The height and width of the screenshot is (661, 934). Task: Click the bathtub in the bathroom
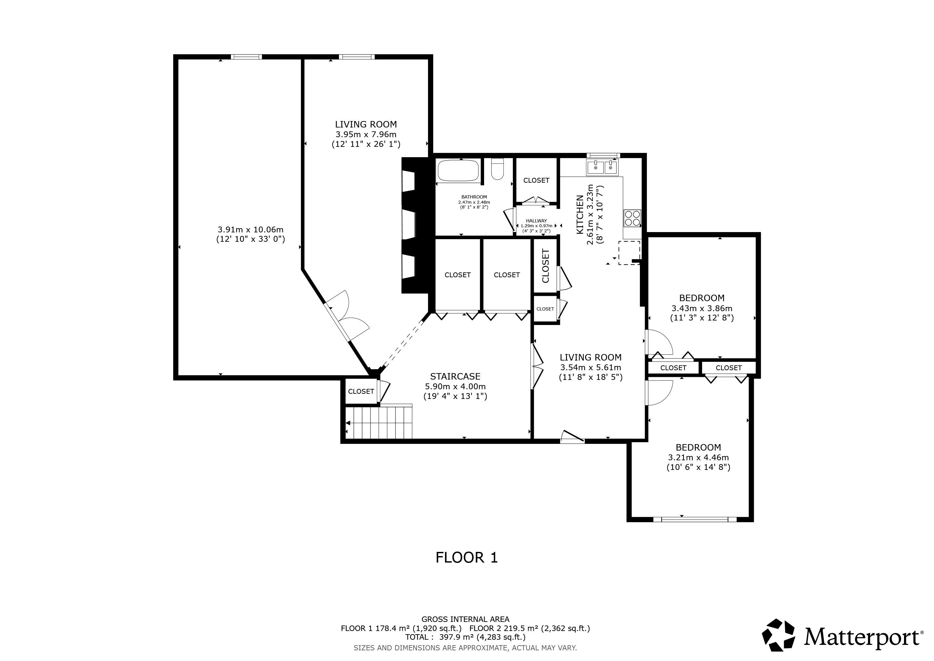coord(458,170)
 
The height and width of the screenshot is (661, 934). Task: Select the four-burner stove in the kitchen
coord(632,218)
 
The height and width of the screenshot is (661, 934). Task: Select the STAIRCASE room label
coord(455,377)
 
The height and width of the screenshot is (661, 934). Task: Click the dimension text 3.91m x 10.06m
coord(251,229)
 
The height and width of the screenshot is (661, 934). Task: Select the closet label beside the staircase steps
coord(361,392)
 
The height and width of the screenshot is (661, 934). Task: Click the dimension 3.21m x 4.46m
coord(698,457)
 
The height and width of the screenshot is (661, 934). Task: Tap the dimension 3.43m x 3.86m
coord(702,308)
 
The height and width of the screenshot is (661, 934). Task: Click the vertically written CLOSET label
coord(545,266)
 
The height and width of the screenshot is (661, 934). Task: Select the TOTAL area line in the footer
coord(465,637)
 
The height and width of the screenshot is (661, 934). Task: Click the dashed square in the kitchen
coord(629,253)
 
